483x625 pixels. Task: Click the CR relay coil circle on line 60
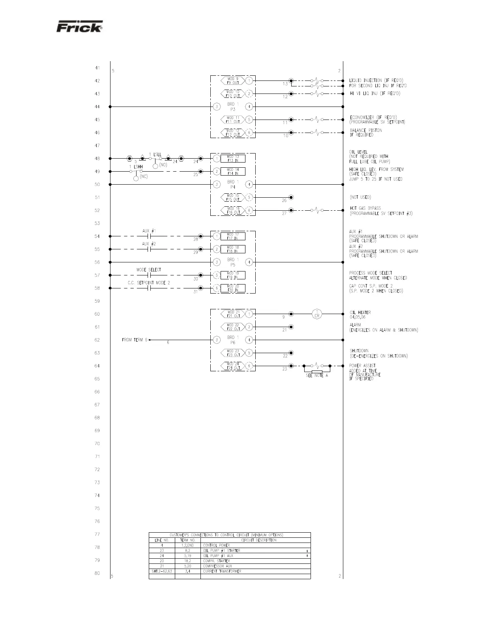pyautogui.click(x=317, y=314)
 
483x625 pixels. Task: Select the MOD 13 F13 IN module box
pyautogui.click(x=233, y=159)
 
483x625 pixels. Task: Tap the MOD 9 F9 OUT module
pyautogui.click(x=232, y=80)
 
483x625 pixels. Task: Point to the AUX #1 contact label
pyautogui.click(x=149, y=231)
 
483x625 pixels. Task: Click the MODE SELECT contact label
pyautogui.click(x=149, y=270)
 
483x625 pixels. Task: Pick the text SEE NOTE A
pyautogui.click(x=317, y=376)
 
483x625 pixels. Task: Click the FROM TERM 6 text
pyautogui.click(x=135, y=340)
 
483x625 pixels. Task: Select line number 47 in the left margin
pyautogui.click(x=97, y=146)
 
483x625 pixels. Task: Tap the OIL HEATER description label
pyautogui.click(x=360, y=312)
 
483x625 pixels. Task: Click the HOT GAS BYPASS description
pyautogui.click(x=365, y=208)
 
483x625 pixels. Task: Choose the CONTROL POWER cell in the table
pyautogui.click(x=216, y=545)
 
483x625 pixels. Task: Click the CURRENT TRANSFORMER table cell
pyautogui.click(x=222, y=571)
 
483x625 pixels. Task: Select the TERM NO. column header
pyautogui.click(x=188, y=540)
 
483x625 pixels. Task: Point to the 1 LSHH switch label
pyautogui.click(x=136, y=167)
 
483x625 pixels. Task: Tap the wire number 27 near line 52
pyautogui.click(x=284, y=213)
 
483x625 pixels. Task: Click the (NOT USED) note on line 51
pyautogui.click(x=360, y=197)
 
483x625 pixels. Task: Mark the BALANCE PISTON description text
pyautogui.click(x=366, y=130)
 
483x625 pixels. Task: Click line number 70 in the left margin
pyautogui.click(x=97, y=443)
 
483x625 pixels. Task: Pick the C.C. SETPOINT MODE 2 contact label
pyautogui.click(x=149, y=283)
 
